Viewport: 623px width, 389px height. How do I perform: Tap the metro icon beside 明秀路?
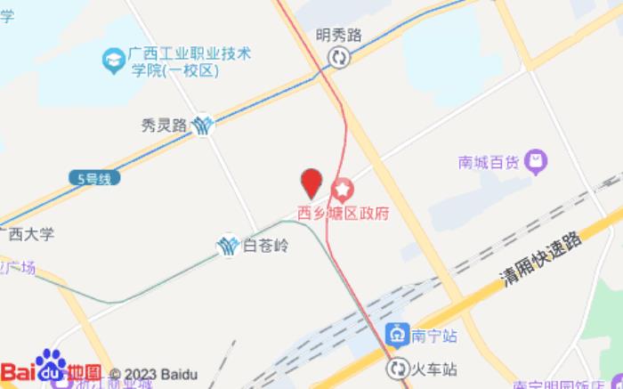point(339,59)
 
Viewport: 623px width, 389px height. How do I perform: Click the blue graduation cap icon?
point(113,61)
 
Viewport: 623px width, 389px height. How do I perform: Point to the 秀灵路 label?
point(164,126)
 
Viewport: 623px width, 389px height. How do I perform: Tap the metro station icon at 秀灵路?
point(206,126)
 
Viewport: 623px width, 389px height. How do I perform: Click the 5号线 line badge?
point(93,179)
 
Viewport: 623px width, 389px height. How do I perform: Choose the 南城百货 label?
point(489,163)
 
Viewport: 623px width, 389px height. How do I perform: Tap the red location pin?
point(311,183)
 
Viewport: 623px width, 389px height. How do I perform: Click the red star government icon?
point(343,190)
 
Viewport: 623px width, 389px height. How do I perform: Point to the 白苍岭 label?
point(266,247)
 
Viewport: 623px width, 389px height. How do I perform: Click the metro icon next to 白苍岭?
point(228,246)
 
